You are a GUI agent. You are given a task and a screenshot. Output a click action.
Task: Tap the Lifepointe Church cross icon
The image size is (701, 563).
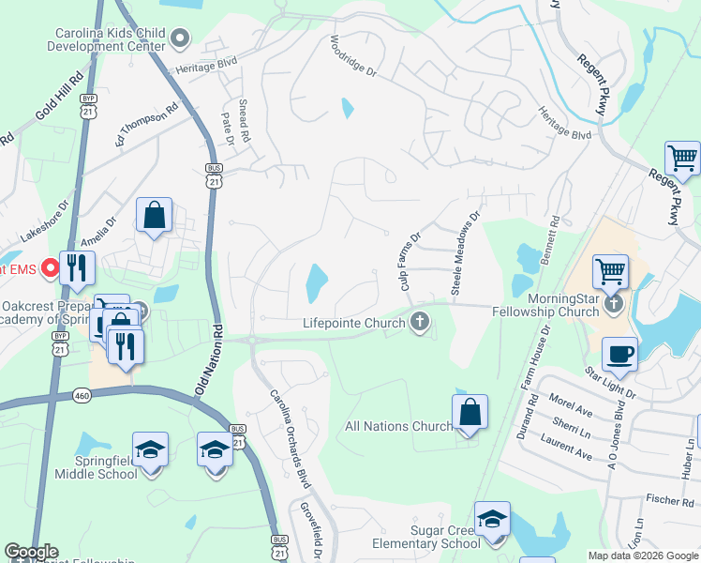420,323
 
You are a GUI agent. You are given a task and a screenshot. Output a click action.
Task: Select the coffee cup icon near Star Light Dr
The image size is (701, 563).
619,356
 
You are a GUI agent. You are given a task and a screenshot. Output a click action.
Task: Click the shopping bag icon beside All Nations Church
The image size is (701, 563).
470,413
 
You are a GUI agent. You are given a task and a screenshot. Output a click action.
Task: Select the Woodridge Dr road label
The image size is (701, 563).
353,58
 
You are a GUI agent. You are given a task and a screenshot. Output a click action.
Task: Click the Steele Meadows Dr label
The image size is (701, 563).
465,254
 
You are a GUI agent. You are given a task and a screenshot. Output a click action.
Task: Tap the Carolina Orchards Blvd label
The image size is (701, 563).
290,437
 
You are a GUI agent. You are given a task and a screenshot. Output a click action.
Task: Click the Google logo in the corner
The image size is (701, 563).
31,552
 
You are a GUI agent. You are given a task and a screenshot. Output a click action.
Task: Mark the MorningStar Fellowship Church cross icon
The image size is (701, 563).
613,302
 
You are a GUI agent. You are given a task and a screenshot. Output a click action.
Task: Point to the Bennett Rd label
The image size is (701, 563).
556,238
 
